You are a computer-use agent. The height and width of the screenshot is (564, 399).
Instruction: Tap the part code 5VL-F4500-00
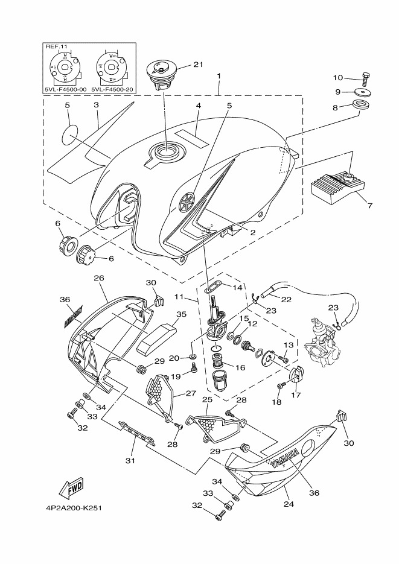tap(65, 90)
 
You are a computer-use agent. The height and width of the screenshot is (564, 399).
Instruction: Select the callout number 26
tap(99, 278)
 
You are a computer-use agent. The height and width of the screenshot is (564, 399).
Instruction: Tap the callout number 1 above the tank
tap(219, 77)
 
